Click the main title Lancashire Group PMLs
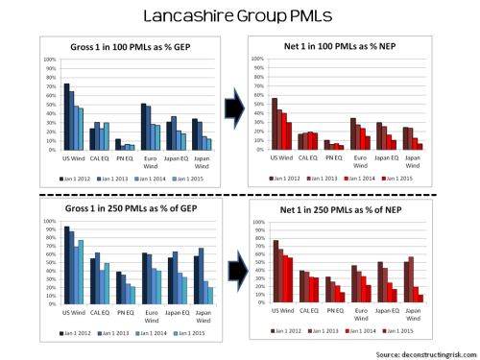239,16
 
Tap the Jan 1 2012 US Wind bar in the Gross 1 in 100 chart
66,116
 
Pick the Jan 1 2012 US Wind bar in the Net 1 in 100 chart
275,124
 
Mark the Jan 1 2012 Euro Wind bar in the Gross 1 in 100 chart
143,126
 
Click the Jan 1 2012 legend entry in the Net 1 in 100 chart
282,179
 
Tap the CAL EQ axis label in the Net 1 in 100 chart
307,155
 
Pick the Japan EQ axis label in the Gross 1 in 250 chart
175,312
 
